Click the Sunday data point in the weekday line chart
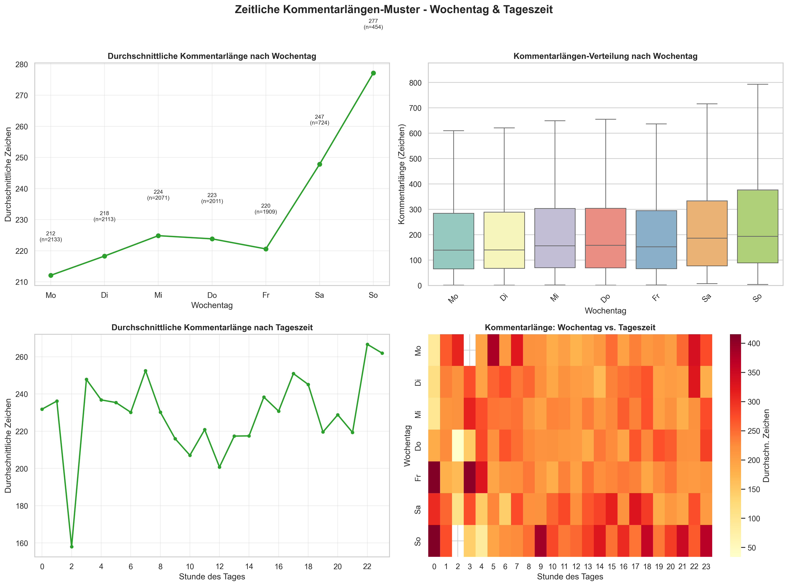tap(373, 73)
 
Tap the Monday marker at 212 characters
tap(51, 275)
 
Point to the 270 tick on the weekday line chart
tap(21, 96)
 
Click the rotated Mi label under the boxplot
tap(554, 298)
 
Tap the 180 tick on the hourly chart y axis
tap(21, 506)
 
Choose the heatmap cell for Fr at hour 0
tap(434, 477)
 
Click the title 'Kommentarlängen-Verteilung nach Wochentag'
tap(605, 56)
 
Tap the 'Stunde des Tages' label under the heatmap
tap(570, 576)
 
